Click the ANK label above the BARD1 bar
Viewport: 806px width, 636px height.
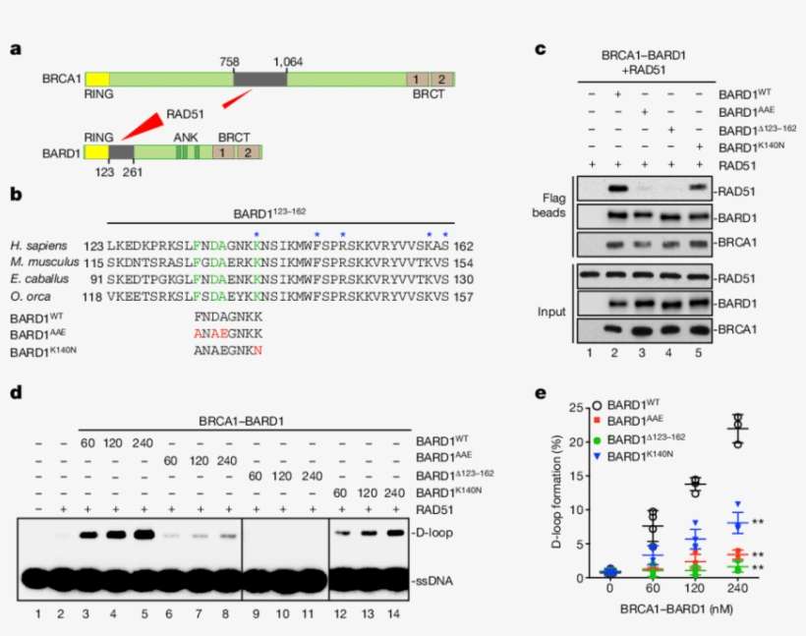point(186,138)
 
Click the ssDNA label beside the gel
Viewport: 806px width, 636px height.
point(433,582)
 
